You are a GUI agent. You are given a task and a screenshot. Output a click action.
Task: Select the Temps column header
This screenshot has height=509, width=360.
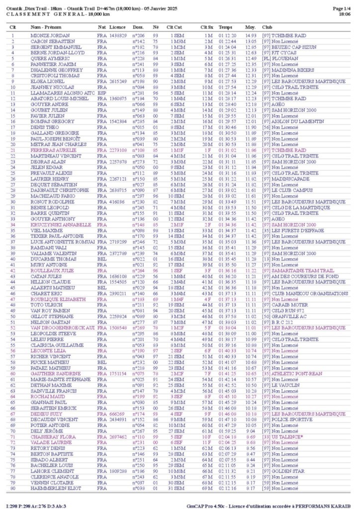coord(225,27)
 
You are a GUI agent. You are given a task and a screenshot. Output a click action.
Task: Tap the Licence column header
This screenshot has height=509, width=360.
coord(117,27)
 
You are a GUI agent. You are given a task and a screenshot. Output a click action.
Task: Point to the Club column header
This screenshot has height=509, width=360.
coord(267,27)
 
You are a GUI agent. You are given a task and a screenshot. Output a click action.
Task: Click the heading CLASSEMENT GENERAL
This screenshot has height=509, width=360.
coord(43,15)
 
